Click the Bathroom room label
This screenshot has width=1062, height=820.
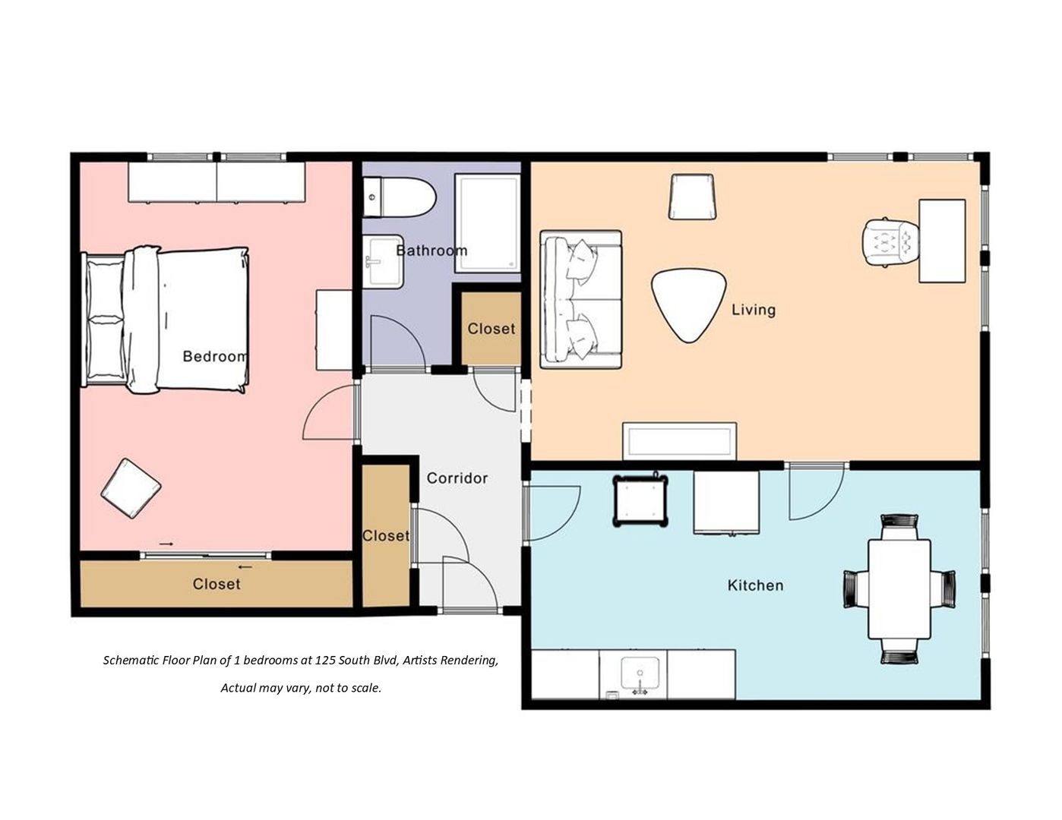coord(431,251)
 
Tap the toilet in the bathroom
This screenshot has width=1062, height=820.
coord(400,197)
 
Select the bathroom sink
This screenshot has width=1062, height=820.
coord(383,261)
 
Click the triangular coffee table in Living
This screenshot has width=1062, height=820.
coord(688,304)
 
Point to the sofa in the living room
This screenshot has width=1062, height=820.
coord(580,299)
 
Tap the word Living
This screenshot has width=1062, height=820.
coord(753,310)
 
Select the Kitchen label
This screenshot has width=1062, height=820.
coord(755,585)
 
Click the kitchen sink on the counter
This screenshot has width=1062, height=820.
coord(640,674)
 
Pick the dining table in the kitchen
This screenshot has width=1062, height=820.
coord(899,588)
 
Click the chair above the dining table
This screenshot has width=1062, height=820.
coord(899,526)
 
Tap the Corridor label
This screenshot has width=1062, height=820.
coord(457,478)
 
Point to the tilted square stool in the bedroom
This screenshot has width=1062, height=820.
coord(131,488)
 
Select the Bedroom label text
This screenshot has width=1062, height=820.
coord(215,356)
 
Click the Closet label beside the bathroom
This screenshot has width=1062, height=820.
coord(491,329)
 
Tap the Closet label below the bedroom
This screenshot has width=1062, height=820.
coord(217,584)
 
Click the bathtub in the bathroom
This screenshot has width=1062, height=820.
coord(487,222)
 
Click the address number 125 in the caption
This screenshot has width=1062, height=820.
coord(325,661)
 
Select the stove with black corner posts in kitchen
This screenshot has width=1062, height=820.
coord(640,500)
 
